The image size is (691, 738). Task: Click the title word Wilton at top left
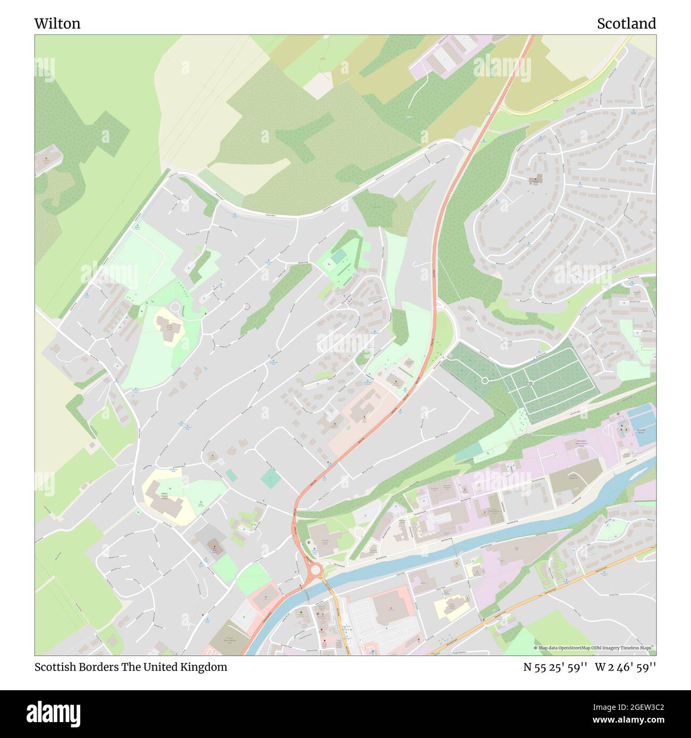[57, 23]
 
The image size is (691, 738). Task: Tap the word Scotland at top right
[626, 23]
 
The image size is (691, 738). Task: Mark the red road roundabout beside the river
[316, 570]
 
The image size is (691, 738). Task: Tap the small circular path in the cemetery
[484, 380]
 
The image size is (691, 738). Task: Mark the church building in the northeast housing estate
[535, 179]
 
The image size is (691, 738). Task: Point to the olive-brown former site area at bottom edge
[229, 637]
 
